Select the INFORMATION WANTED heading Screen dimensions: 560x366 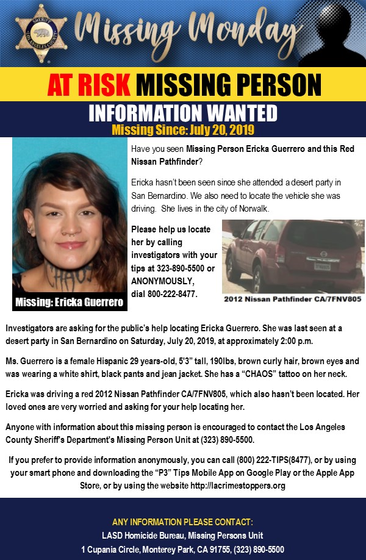(x=183, y=113)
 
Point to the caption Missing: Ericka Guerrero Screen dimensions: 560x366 (x=69, y=302)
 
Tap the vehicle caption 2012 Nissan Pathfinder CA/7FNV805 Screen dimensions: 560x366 (x=293, y=300)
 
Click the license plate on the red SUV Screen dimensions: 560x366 (x=322, y=266)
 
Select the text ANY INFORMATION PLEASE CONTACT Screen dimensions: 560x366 (x=182, y=522)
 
